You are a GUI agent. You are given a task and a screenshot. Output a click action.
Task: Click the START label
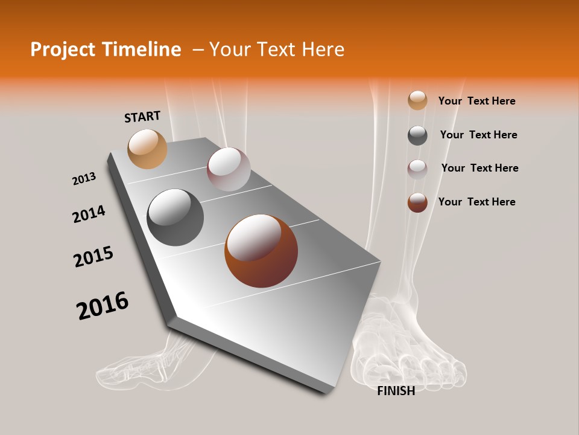[142, 117]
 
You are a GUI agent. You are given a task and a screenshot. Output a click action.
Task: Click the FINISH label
[396, 391]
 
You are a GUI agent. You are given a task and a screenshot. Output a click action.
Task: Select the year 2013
[84, 179]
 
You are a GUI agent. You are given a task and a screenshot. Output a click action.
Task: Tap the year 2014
[89, 214]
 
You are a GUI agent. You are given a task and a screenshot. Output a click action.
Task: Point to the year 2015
[93, 257]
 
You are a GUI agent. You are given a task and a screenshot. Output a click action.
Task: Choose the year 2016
[103, 306]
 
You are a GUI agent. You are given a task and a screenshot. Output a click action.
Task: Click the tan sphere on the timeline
[147, 149]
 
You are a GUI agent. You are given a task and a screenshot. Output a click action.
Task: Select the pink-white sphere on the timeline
[229, 169]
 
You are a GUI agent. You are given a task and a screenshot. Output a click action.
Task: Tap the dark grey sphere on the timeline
[176, 217]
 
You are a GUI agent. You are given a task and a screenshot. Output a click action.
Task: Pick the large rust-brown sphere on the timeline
[261, 251]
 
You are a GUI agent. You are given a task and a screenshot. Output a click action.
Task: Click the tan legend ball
[417, 100]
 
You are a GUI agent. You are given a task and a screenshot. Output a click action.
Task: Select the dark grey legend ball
[417, 135]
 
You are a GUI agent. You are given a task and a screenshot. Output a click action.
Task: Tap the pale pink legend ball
[417, 169]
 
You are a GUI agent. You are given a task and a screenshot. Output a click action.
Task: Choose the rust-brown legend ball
[417, 202]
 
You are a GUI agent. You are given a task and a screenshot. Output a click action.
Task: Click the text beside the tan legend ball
[476, 101]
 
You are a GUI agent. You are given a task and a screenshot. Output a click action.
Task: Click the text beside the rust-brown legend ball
[476, 202]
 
